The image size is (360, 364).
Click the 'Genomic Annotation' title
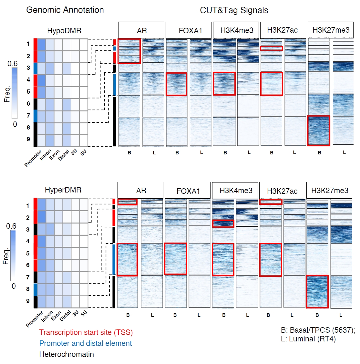65,10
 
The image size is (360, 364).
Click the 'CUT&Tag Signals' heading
234,10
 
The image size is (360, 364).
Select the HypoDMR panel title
64,31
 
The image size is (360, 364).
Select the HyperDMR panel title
63,190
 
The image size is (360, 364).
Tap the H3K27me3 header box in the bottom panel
330,191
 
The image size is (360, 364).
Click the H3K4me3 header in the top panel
237,30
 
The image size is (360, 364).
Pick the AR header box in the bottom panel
141,191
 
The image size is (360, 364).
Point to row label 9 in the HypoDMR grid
28,139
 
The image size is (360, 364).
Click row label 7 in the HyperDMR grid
28,277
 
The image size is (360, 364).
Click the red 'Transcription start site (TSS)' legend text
86,332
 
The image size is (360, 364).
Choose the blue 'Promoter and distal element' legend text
86,343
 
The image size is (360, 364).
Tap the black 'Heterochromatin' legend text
67,354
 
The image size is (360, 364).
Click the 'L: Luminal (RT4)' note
308,339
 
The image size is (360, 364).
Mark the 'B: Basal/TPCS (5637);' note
318,330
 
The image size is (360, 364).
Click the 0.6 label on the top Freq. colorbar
13,64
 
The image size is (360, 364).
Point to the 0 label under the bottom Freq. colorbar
14,286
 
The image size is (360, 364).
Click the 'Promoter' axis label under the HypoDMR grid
33,158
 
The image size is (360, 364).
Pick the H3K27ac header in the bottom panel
282,191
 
